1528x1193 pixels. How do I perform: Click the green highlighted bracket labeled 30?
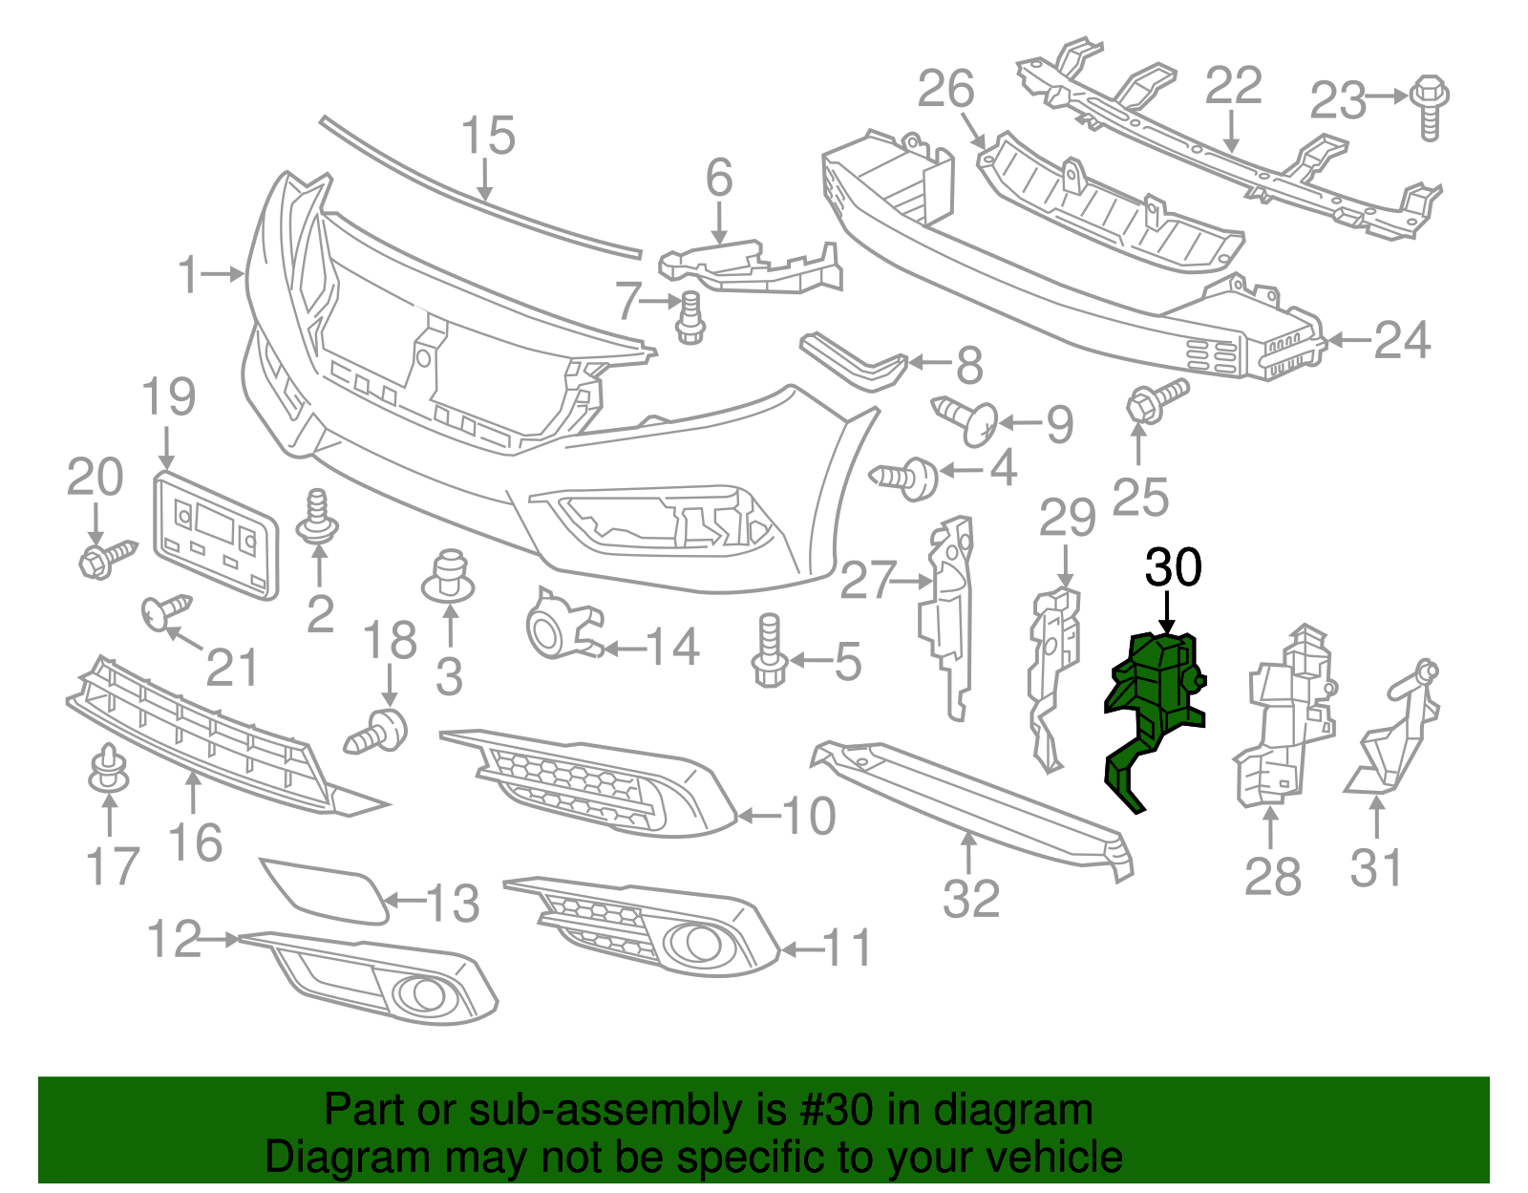pyautogui.click(x=1155, y=697)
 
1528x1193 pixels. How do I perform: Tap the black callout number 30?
pyautogui.click(x=1173, y=568)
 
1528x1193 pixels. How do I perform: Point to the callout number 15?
pyautogui.click(x=488, y=137)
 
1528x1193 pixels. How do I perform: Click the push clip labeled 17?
pyautogui.click(x=109, y=769)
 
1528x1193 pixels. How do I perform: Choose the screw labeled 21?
pyautogui.click(x=165, y=610)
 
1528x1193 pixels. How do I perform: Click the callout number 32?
pyautogui.click(x=970, y=899)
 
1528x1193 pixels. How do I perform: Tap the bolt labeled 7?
pyautogui.click(x=690, y=318)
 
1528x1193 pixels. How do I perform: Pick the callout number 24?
pyautogui.click(x=1402, y=341)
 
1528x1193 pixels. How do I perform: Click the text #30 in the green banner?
pyautogui.click(x=830, y=1111)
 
